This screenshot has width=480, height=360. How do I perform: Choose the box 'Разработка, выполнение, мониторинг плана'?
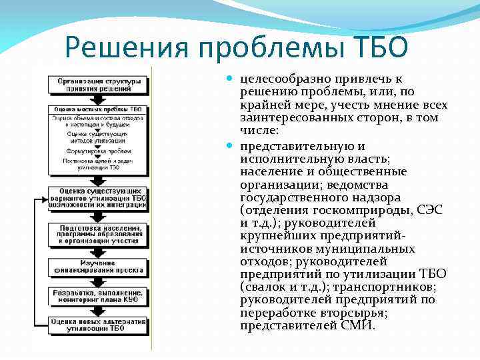[97, 296]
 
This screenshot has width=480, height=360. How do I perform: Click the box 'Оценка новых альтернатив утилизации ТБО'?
[97, 325]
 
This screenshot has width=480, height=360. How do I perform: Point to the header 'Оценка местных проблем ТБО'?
[97, 109]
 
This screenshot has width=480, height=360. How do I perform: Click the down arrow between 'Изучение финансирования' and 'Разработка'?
[97, 281]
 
